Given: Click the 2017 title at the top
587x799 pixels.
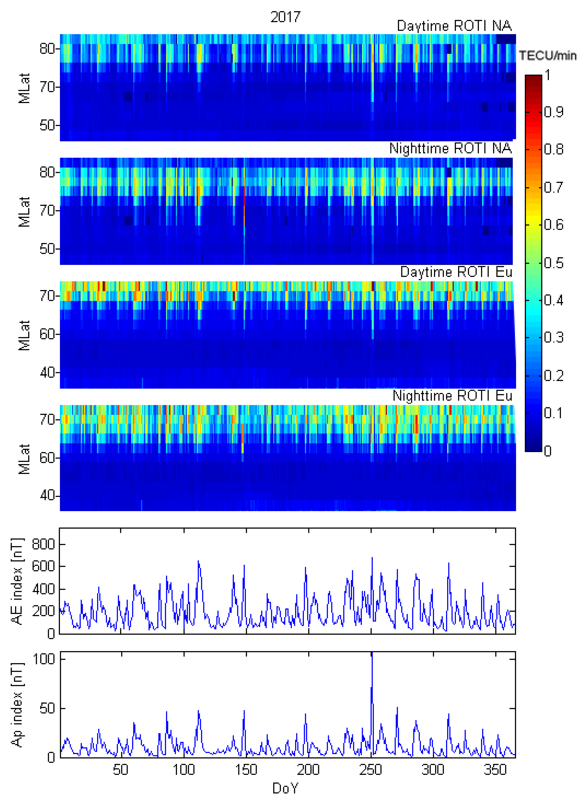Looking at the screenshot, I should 285,17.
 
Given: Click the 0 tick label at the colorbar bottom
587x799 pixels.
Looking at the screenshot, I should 548,451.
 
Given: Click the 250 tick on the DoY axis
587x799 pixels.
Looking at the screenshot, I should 371,770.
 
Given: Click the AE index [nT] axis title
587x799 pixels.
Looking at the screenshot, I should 17,581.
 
